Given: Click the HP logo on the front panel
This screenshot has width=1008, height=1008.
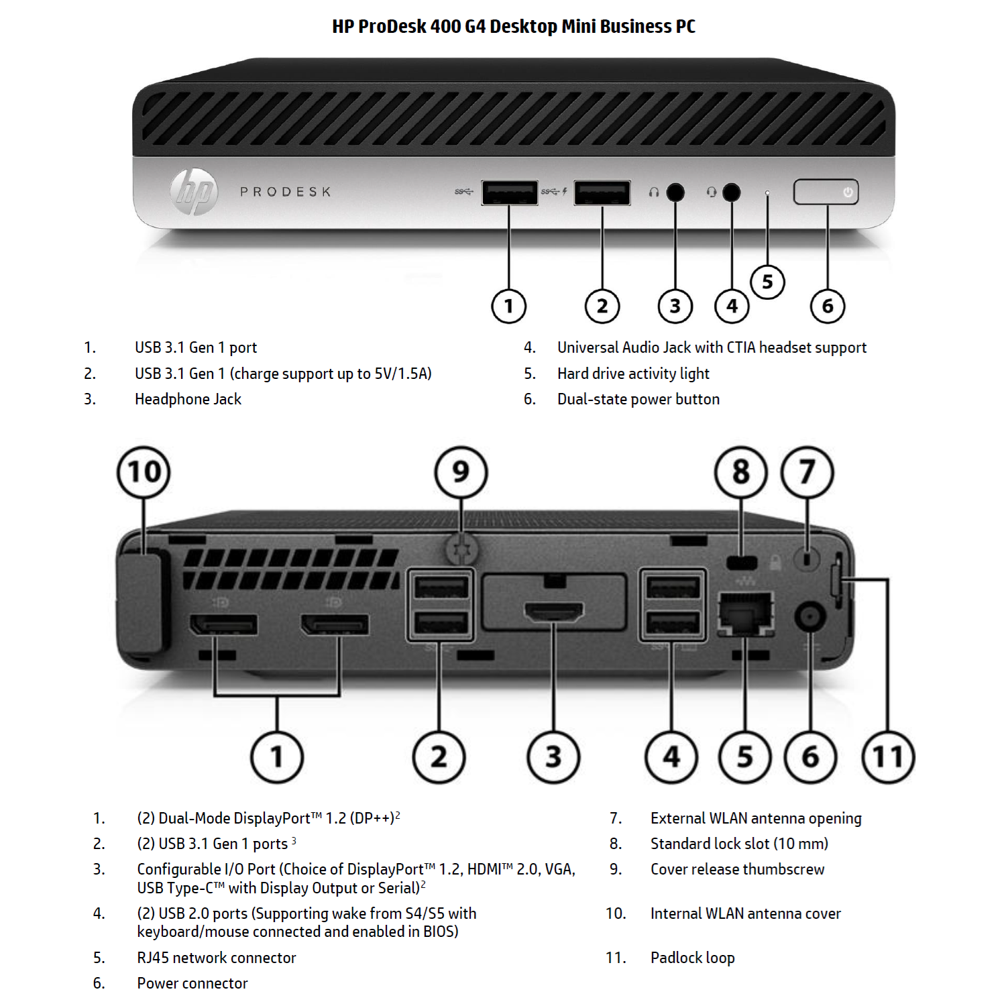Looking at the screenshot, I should pos(193,191).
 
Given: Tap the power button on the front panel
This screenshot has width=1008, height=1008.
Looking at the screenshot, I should pos(826,192).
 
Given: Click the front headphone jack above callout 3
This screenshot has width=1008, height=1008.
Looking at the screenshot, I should pos(675,192).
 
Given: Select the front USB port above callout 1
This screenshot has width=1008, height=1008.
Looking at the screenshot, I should pos(509,192).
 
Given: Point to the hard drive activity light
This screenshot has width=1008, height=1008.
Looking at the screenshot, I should pos(767,193).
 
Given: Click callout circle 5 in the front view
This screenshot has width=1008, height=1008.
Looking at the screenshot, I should pos(767,282).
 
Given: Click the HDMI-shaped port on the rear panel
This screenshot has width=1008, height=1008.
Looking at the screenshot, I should pos(553,612).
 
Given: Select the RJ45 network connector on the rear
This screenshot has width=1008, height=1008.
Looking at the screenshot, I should pos(745,613).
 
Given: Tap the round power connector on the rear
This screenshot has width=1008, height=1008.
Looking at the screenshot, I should pos(809,616).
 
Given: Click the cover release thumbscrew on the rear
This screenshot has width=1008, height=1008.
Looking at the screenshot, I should pos(461,549).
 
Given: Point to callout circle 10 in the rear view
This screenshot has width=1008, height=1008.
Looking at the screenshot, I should pos(144,472).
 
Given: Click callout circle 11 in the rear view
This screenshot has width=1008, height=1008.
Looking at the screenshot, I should pos(888,757).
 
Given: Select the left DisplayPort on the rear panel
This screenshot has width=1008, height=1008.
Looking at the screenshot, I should pos(223,625).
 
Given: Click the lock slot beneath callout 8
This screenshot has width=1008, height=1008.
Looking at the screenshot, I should pos(741,562).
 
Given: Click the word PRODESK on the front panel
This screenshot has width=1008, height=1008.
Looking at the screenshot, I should pos(286,192).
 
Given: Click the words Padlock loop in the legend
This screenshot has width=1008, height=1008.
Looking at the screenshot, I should pos(692,958).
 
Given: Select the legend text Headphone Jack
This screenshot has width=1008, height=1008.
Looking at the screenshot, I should pos(188,399).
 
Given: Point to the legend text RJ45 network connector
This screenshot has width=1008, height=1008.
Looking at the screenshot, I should pos(216,958).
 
